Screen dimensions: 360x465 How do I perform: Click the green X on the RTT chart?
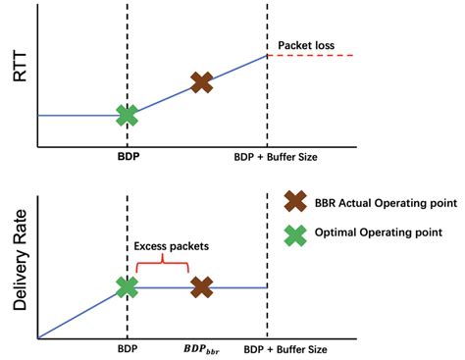coord(127,115)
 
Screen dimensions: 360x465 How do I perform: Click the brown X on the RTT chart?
coord(201,82)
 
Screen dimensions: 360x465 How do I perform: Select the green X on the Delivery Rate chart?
coord(127,286)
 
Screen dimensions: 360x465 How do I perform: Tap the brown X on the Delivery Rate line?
coord(201,286)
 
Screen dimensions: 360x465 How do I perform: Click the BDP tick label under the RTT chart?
coord(127,157)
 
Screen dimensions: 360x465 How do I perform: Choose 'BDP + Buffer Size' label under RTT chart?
coord(276,157)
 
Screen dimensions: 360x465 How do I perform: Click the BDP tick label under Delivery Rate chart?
coord(127,348)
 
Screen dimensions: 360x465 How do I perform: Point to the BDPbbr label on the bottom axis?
coord(201,349)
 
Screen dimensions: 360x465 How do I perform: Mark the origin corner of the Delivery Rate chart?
coord(37,338)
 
